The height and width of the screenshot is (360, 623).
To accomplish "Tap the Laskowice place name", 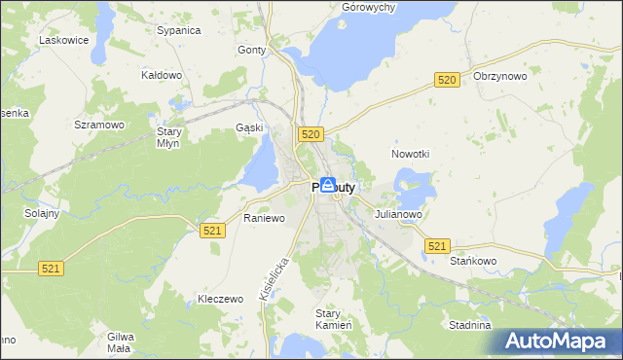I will click(63, 40).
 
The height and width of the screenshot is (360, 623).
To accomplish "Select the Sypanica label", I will click(178, 30).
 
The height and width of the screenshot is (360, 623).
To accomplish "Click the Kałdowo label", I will click(162, 74).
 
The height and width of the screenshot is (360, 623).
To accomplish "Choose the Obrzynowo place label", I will click(499, 76).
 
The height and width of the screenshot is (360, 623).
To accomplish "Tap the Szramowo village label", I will click(99, 125).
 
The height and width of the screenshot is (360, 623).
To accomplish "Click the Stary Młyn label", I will click(170, 136).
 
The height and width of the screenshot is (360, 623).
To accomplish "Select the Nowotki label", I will click(410, 154).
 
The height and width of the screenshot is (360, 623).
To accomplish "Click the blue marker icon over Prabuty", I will click(328, 185).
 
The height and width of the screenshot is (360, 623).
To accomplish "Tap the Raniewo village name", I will click(264, 218).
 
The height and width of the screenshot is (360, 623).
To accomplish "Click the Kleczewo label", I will click(219, 299).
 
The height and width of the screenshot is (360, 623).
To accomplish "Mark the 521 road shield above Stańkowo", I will click(437, 247).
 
